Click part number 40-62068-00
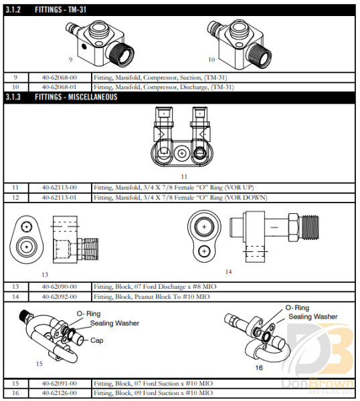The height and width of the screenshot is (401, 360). click(60, 78)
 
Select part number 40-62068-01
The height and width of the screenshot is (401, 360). click(60, 87)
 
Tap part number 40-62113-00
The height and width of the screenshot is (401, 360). click(60, 187)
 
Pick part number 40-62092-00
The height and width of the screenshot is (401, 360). click(60, 296)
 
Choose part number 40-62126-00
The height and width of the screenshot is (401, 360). click(60, 392)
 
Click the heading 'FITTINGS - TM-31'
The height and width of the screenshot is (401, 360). click(60, 9)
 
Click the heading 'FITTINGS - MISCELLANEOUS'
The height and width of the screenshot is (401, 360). click(76, 97)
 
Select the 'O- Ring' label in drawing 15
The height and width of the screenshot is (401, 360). click(88, 313)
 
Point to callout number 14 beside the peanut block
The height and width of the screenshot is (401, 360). click(228, 271)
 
